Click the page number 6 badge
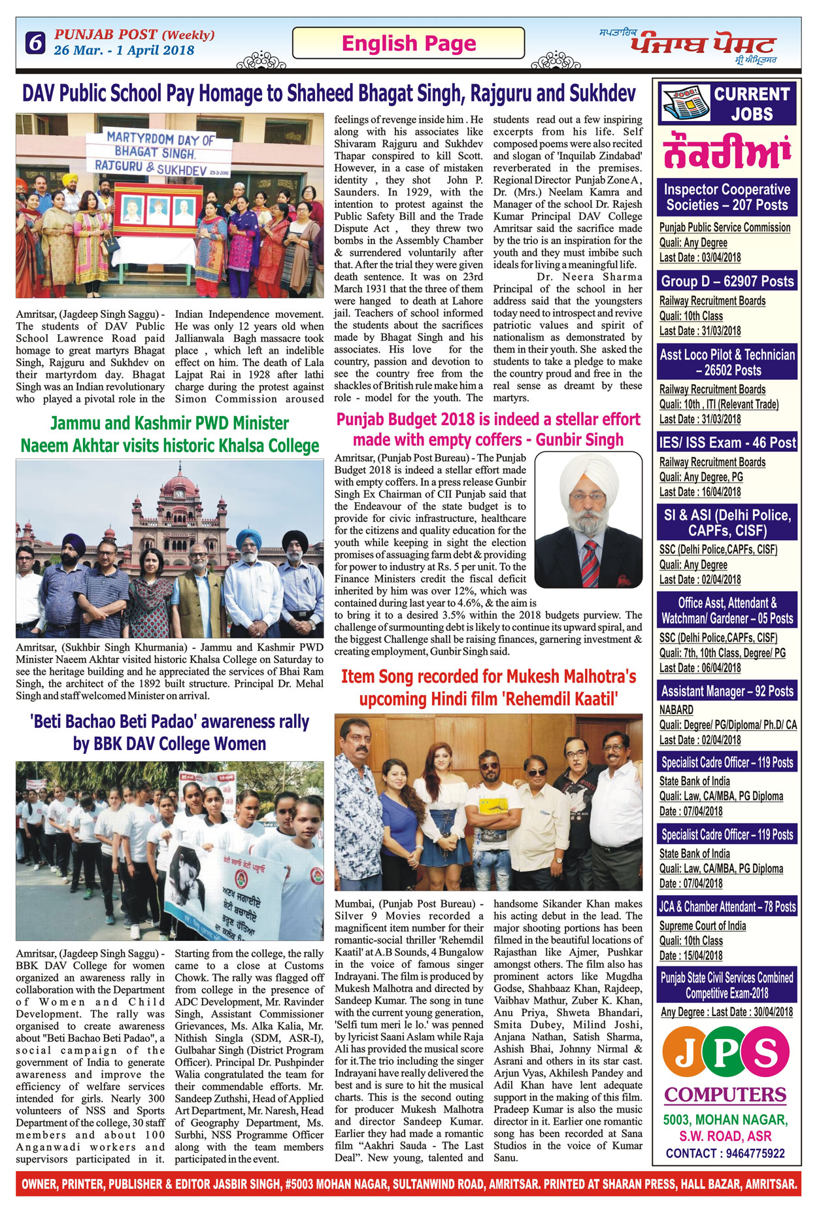point(35,43)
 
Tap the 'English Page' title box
point(408,43)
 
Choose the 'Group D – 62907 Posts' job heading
point(727,281)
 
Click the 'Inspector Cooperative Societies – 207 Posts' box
point(727,197)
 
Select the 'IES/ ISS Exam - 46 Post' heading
point(727,443)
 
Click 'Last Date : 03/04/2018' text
point(699,258)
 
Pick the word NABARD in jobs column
point(676,709)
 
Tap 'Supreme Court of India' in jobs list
point(702,926)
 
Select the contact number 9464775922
point(754,1153)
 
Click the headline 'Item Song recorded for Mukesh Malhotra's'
point(488,676)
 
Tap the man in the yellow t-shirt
point(495,817)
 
